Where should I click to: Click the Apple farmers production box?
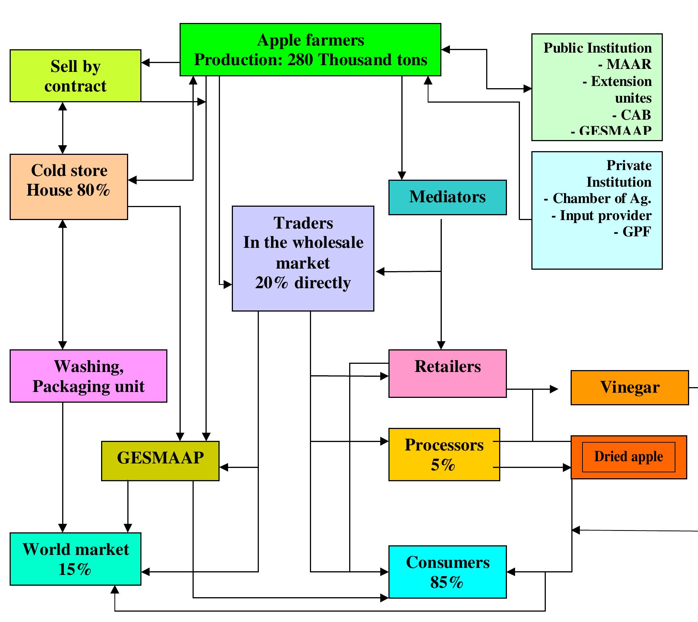click(310, 50)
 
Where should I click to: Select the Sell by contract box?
click(75, 76)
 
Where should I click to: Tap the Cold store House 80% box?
click(69, 187)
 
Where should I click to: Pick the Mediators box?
click(447, 197)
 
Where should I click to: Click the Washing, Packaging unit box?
click(88, 376)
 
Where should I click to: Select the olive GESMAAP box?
click(160, 460)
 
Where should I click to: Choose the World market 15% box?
click(75, 559)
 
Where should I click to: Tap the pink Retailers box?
click(447, 373)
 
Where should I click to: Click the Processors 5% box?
click(444, 454)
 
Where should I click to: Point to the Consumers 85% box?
click(447, 572)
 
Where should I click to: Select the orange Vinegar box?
click(629, 387)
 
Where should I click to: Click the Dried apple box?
click(628, 457)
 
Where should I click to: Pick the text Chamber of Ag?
click(601, 199)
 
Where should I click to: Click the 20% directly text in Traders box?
click(303, 283)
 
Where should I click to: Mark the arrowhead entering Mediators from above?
click(402, 176)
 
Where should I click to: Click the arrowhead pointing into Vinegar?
click(554, 389)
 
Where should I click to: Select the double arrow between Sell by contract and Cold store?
click(63, 128)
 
